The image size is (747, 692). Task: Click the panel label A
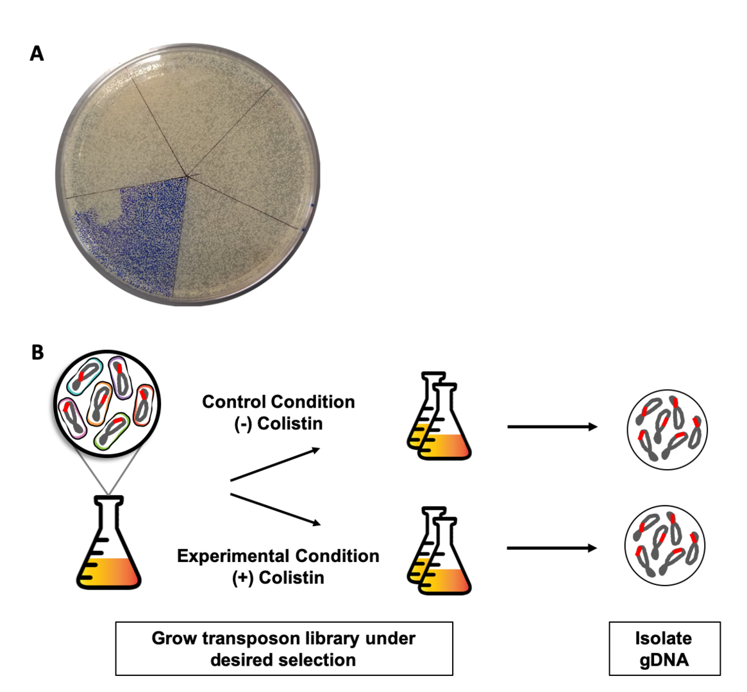[37, 54]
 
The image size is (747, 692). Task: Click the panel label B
[37, 352]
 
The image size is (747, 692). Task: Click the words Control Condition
[278, 402]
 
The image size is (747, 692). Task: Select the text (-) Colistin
[278, 424]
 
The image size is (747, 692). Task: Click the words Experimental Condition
[278, 556]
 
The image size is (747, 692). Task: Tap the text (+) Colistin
[278, 578]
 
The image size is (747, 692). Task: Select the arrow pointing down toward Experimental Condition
[274, 509]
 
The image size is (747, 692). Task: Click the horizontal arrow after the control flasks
[551, 427]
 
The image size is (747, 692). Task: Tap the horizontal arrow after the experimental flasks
[551, 548]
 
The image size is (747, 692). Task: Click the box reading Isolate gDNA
[664, 648]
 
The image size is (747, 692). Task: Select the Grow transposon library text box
[284, 648]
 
